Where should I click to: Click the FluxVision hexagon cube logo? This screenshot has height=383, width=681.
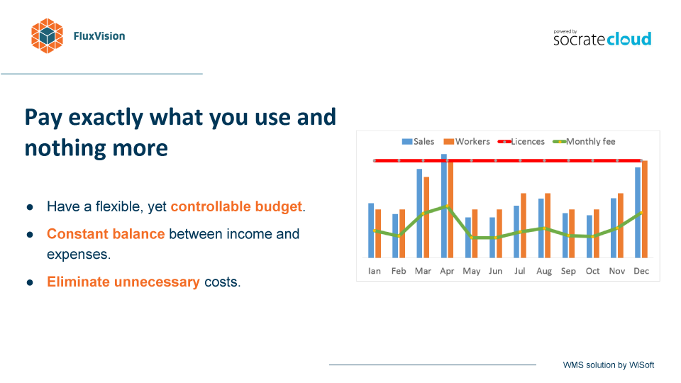pyautogui.click(x=47, y=36)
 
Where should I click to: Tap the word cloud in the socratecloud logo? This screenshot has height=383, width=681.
pyautogui.click(x=629, y=39)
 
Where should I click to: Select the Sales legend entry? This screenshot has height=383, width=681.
pyautogui.click(x=418, y=142)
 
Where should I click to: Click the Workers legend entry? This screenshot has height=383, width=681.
pyautogui.click(x=467, y=142)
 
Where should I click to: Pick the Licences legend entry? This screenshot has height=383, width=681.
pyautogui.click(x=521, y=142)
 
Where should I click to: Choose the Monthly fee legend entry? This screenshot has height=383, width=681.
pyautogui.click(x=584, y=142)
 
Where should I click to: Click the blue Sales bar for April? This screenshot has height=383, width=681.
pyautogui.click(x=444, y=206)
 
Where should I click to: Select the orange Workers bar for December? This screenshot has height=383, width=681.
pyautogui.click(x=645, y=209)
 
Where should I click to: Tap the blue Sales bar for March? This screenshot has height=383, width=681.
pyautogui.click(x=419, y=213)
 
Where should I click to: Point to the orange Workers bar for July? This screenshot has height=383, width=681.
pyautogui.click(x=524, y=226)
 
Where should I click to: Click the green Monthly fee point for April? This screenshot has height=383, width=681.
pyautogui.click(x=447, y=206)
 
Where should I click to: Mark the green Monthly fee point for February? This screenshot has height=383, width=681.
pyautogui.click(x=399, y=235)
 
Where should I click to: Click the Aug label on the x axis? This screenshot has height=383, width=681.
pyautogui.click(x=544, y=272)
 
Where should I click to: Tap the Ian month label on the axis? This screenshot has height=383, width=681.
pyautogui.click(x=375, y=271)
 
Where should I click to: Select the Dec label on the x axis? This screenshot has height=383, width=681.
pyautogui.click(x=641, y=271)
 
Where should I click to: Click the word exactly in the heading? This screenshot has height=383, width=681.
pyautogui.click(x=106, y=118)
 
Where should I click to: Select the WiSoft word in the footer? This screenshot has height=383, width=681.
pyautogui.click(x=641, y=365)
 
